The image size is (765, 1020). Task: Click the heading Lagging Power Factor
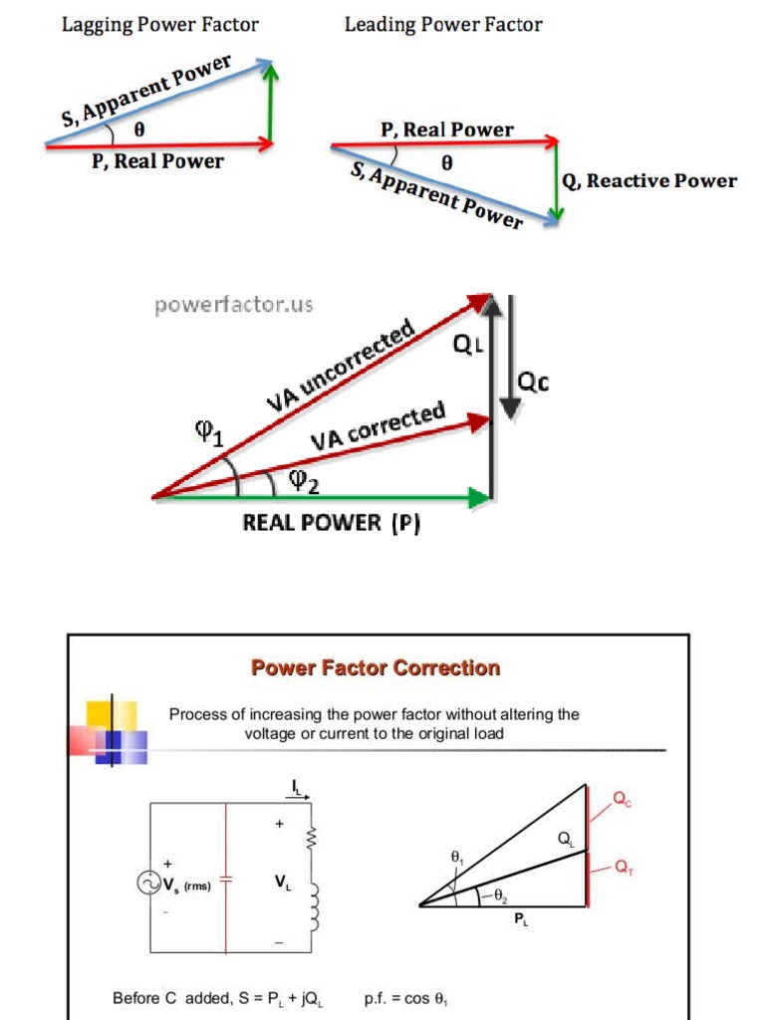(x=160, y=24)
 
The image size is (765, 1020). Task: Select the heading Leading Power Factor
(x=443, y=24)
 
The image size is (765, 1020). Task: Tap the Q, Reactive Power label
(x=648, y=181)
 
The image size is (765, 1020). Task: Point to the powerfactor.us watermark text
(x=233, y=305)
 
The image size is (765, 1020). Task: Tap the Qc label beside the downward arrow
(x=534, y=382)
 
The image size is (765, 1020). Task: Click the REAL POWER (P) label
(x=331, y=523)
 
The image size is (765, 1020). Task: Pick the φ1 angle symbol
(x=209, y=433)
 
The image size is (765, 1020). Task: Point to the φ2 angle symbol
(x=303, y=481)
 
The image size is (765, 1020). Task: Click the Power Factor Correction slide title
(x=376, y=667)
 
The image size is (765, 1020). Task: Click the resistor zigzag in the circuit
(x=311, y=840)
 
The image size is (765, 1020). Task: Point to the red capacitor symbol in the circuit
(x=226, y=881)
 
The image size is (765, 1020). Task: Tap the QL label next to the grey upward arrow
(x=466, y=345)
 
